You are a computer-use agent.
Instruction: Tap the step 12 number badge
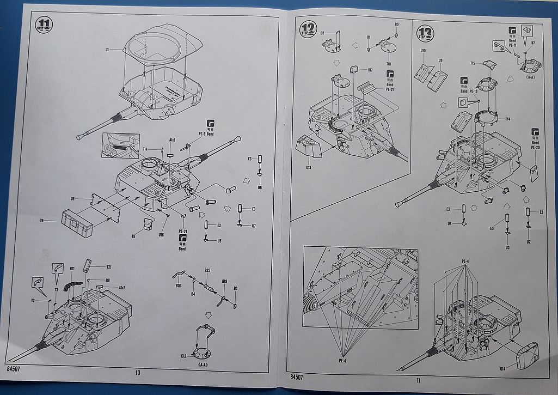coord(308,29)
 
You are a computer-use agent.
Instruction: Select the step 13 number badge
coord(425,33)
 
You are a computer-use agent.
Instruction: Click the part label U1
coord(108,50)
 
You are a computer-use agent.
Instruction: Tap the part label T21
coord(108,267)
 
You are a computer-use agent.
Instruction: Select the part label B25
coord(207,270)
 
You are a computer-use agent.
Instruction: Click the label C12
coord(185,356)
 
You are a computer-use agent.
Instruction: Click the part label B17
coord(370,70)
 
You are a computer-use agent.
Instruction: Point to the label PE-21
coord(389,89)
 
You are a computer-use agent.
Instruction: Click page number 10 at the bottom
coord(137,373)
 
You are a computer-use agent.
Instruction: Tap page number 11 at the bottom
coord(418,380)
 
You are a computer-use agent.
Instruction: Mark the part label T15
coord(474,63)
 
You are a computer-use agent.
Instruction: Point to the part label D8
coord(323,33)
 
